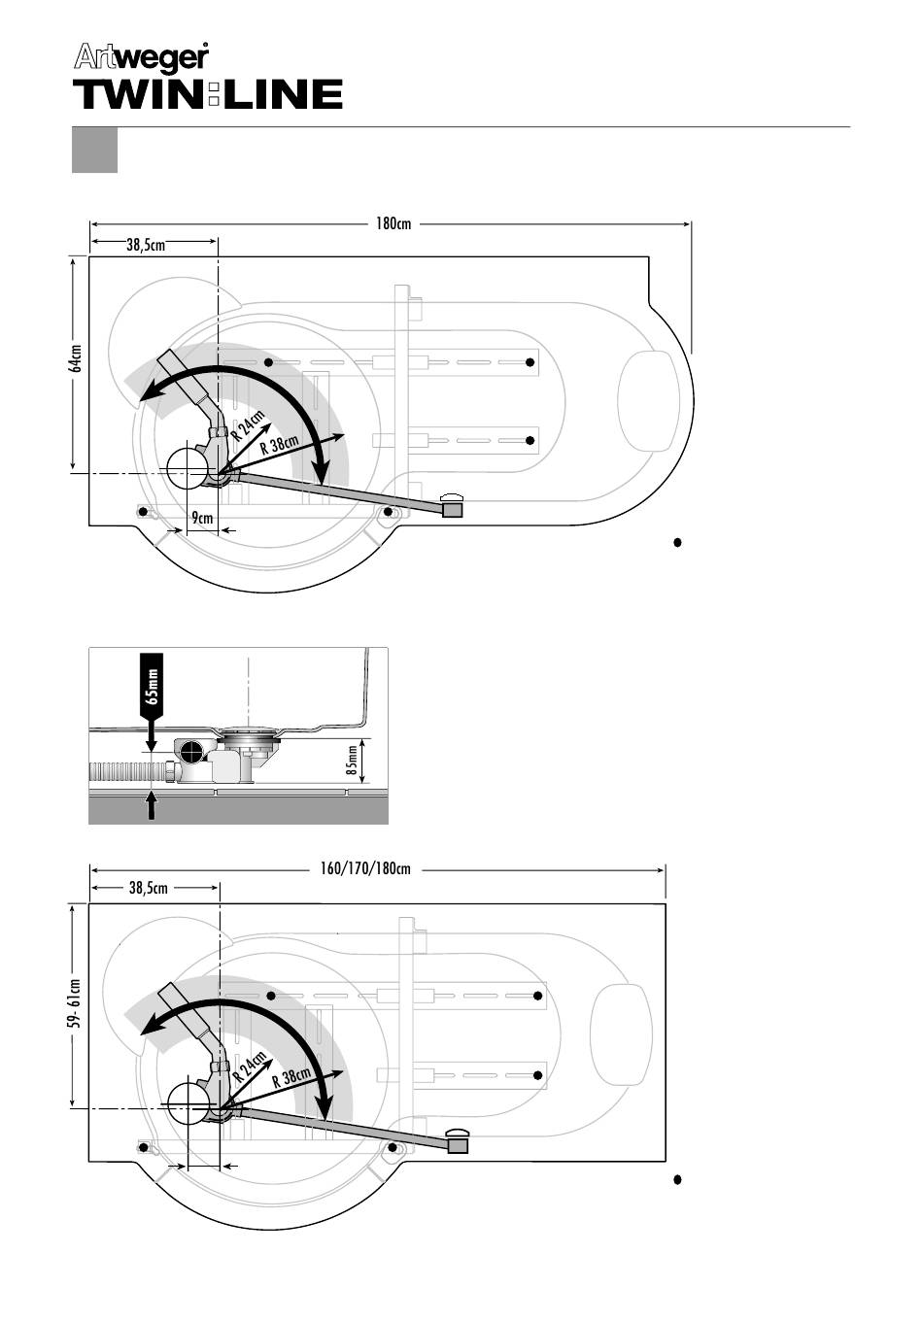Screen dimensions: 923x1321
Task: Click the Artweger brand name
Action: click(141, 58)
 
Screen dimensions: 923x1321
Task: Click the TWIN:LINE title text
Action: click(208, 94)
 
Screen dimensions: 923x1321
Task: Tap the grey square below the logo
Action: click(94, 150)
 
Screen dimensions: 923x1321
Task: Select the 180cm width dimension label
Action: click(393, 224)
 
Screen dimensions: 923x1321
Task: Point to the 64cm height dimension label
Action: click(75, 358)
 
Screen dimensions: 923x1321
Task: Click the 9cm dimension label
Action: click(202, 518)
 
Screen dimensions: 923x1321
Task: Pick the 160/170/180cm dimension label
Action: click(365, 868)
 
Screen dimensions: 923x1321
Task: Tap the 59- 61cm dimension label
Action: click(75, 1003)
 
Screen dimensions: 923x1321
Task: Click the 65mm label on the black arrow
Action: click(153, 687)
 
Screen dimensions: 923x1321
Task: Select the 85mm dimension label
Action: click(352, 761)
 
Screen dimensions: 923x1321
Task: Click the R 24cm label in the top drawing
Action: click(250, 425)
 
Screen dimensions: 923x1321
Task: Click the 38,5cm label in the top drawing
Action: click(146, 246)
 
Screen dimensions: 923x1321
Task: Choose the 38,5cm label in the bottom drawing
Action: click(148, 888)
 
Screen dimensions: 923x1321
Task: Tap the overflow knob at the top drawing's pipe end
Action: click(453, 505)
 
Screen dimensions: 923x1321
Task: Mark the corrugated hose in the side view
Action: click(130, 771)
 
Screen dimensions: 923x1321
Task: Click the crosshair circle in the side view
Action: click(190, 752)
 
